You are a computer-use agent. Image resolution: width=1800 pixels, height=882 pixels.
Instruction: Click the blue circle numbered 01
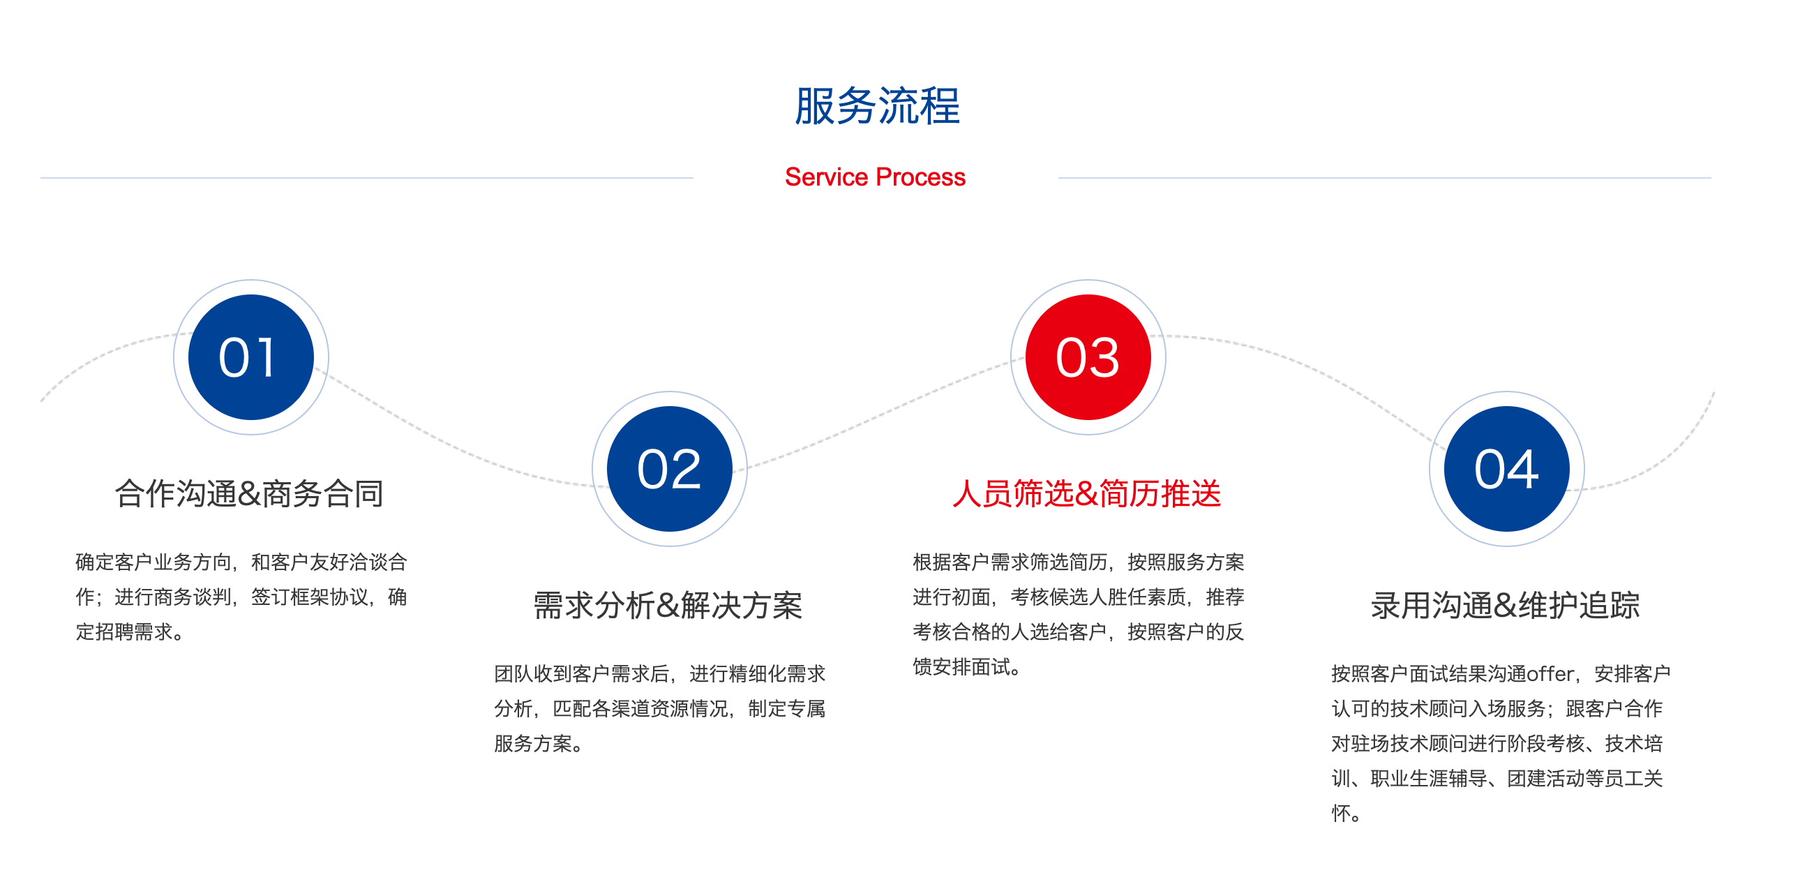coord(251,357)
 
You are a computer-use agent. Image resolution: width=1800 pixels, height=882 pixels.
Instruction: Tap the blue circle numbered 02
coord(669,469)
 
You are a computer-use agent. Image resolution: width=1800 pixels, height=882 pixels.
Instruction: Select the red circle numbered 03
coord(1088,357)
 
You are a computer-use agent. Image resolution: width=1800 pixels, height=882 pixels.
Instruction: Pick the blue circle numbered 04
coord(1506,469)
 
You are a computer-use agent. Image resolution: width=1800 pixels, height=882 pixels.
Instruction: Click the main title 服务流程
coord(877,106)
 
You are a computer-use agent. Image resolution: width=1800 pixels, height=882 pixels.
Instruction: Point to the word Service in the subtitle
coord(827,177)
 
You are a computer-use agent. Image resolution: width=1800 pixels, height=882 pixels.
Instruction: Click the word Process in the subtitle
coord(920,177)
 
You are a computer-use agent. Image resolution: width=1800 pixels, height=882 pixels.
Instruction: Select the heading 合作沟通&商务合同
coord(250,493)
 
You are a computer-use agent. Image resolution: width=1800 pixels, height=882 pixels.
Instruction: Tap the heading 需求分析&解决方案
coord(668,605)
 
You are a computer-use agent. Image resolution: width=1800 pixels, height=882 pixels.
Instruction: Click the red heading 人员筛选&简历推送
coord(1086,493)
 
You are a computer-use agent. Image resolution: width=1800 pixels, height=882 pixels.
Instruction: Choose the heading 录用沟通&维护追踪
coord(1505,605)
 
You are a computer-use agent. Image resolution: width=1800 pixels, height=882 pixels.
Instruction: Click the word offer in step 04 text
coord(1550,674)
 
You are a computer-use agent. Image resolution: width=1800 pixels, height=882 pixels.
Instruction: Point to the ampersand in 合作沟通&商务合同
coord(249,494)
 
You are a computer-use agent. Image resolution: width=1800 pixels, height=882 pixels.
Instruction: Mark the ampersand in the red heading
coord(1086,494)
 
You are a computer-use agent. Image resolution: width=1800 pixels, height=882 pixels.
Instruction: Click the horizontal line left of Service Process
coord(367,177)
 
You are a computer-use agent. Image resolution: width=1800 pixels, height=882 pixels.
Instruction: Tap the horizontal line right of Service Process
coord(1385,177)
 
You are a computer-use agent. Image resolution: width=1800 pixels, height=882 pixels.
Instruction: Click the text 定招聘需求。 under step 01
coord(130,631)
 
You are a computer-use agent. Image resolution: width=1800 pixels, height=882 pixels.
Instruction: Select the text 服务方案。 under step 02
coord(539,744)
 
